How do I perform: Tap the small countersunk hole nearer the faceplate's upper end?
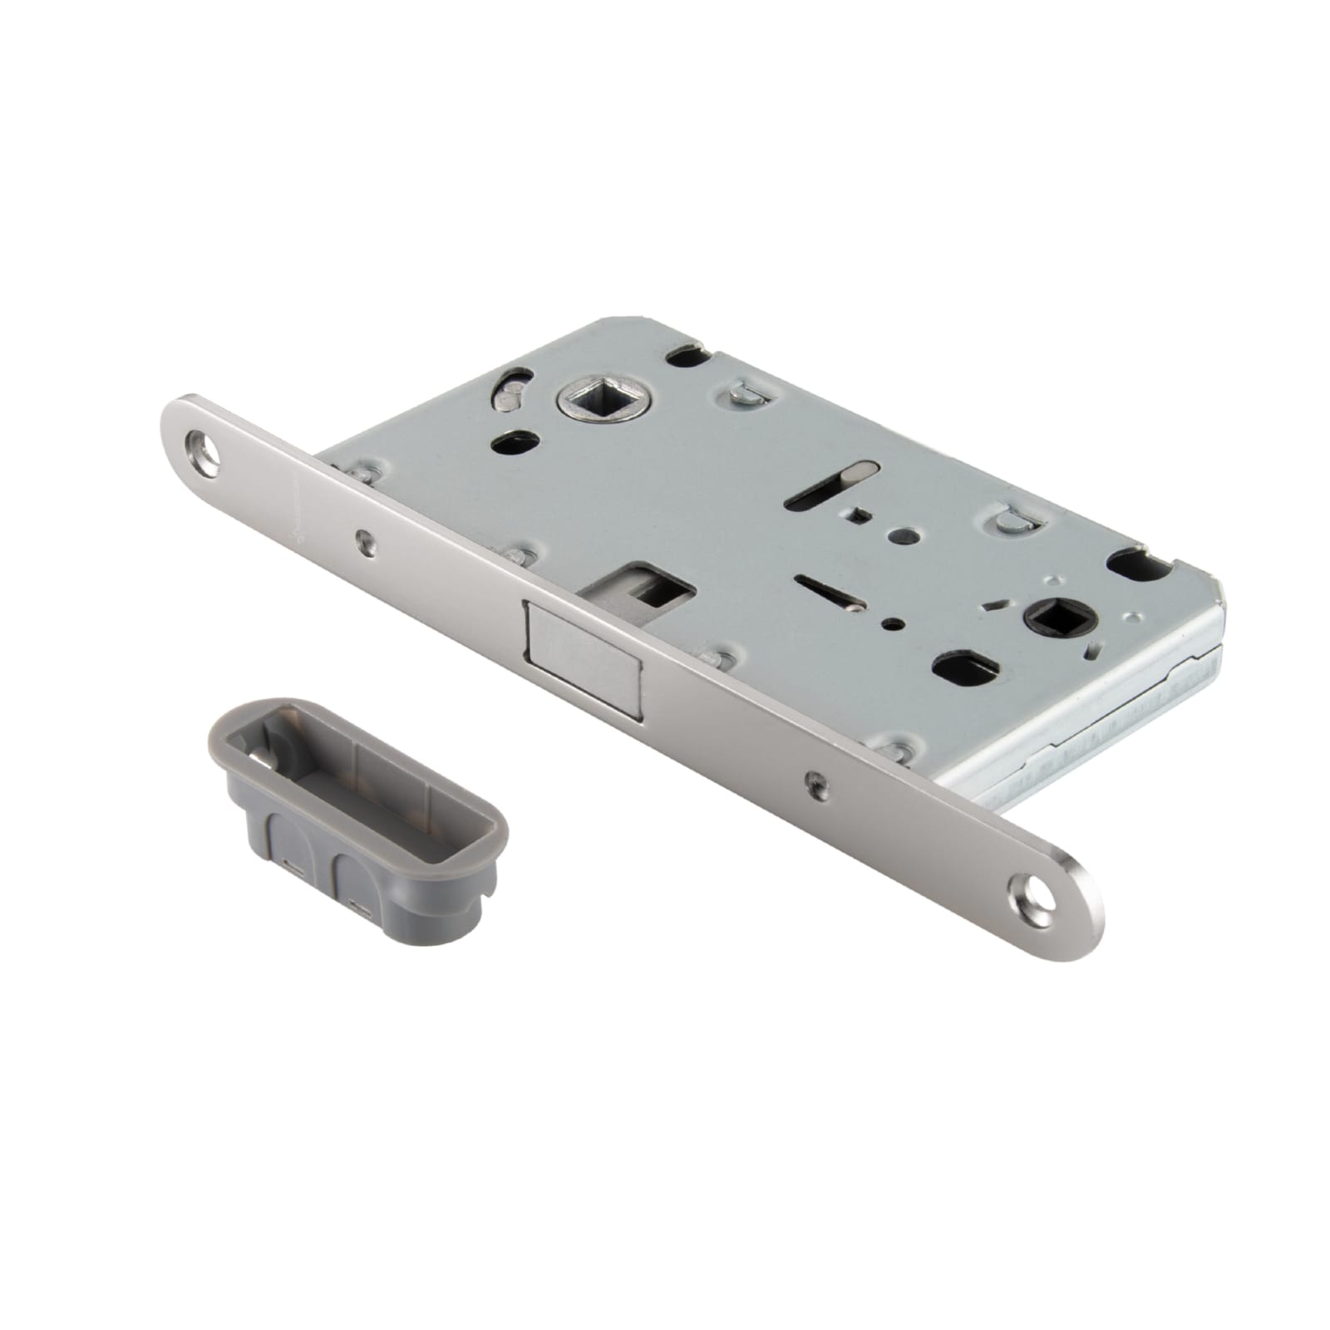point(363,541)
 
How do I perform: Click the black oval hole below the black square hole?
point(959,666)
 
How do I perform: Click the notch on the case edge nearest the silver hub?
point(687,357)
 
